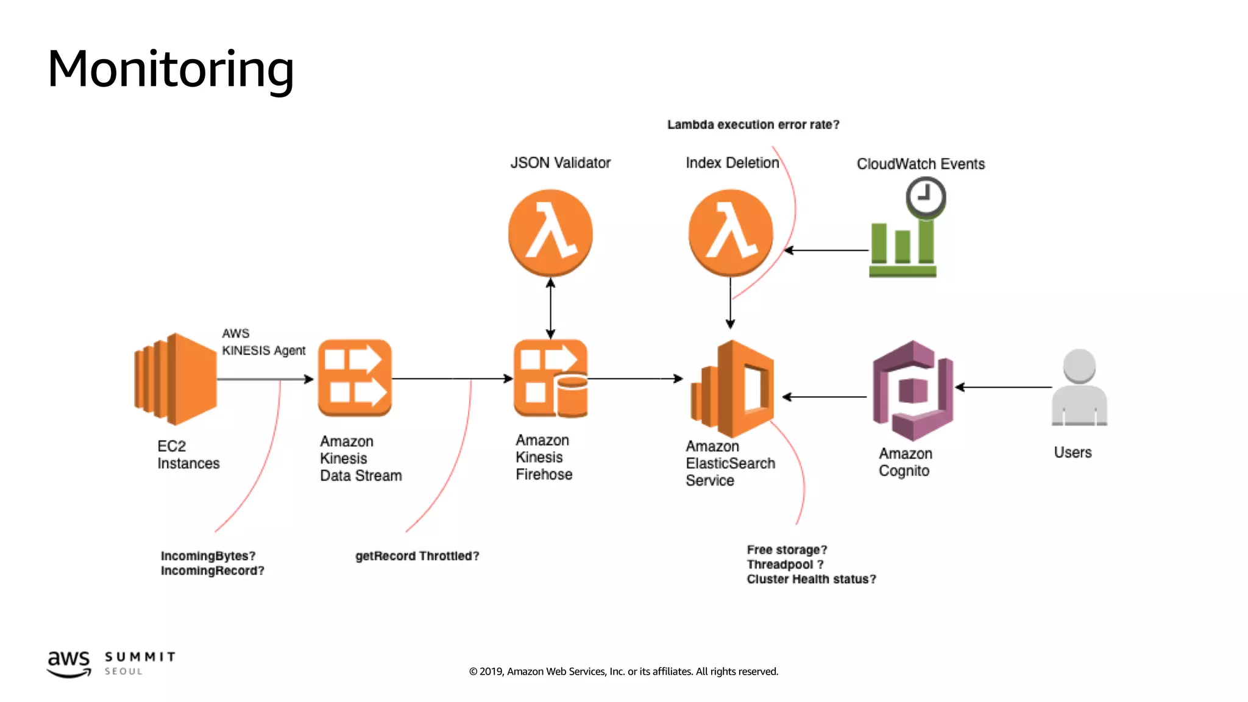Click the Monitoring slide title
point(171,69)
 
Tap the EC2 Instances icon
point(175,379)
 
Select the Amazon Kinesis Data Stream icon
point(355,378)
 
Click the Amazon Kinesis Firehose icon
point(550,378)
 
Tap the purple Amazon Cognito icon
point(912,391)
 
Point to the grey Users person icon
point(1079,388)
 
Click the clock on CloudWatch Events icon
point(925,197)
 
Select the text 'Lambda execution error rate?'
point(753,125)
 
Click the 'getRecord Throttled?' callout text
point(417,556)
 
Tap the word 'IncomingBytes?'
point(208,556)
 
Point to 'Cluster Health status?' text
point(811,579)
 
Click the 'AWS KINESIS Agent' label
point(263,342)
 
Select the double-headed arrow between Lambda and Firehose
point(550,308)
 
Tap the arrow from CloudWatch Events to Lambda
point(826,250)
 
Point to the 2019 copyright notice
point(623,672)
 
